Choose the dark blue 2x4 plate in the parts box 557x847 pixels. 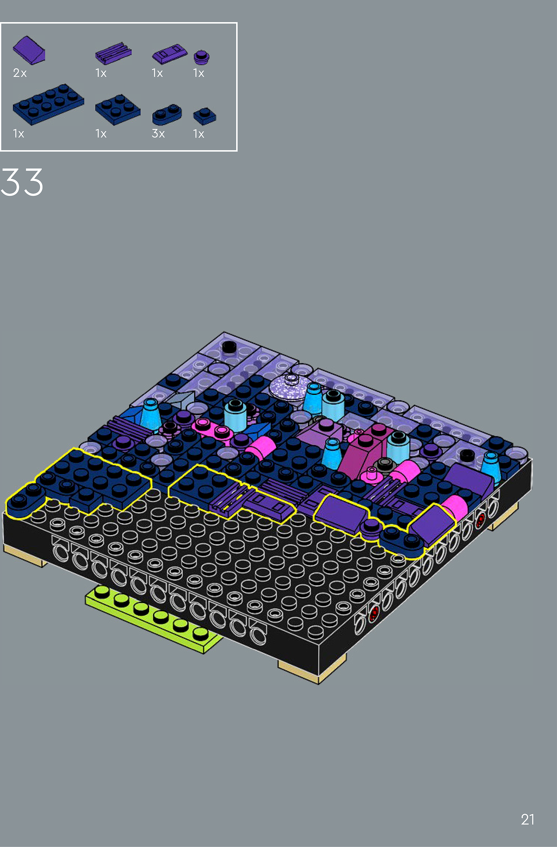[x=48, y=104]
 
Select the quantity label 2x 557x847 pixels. [x=20, y=73]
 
